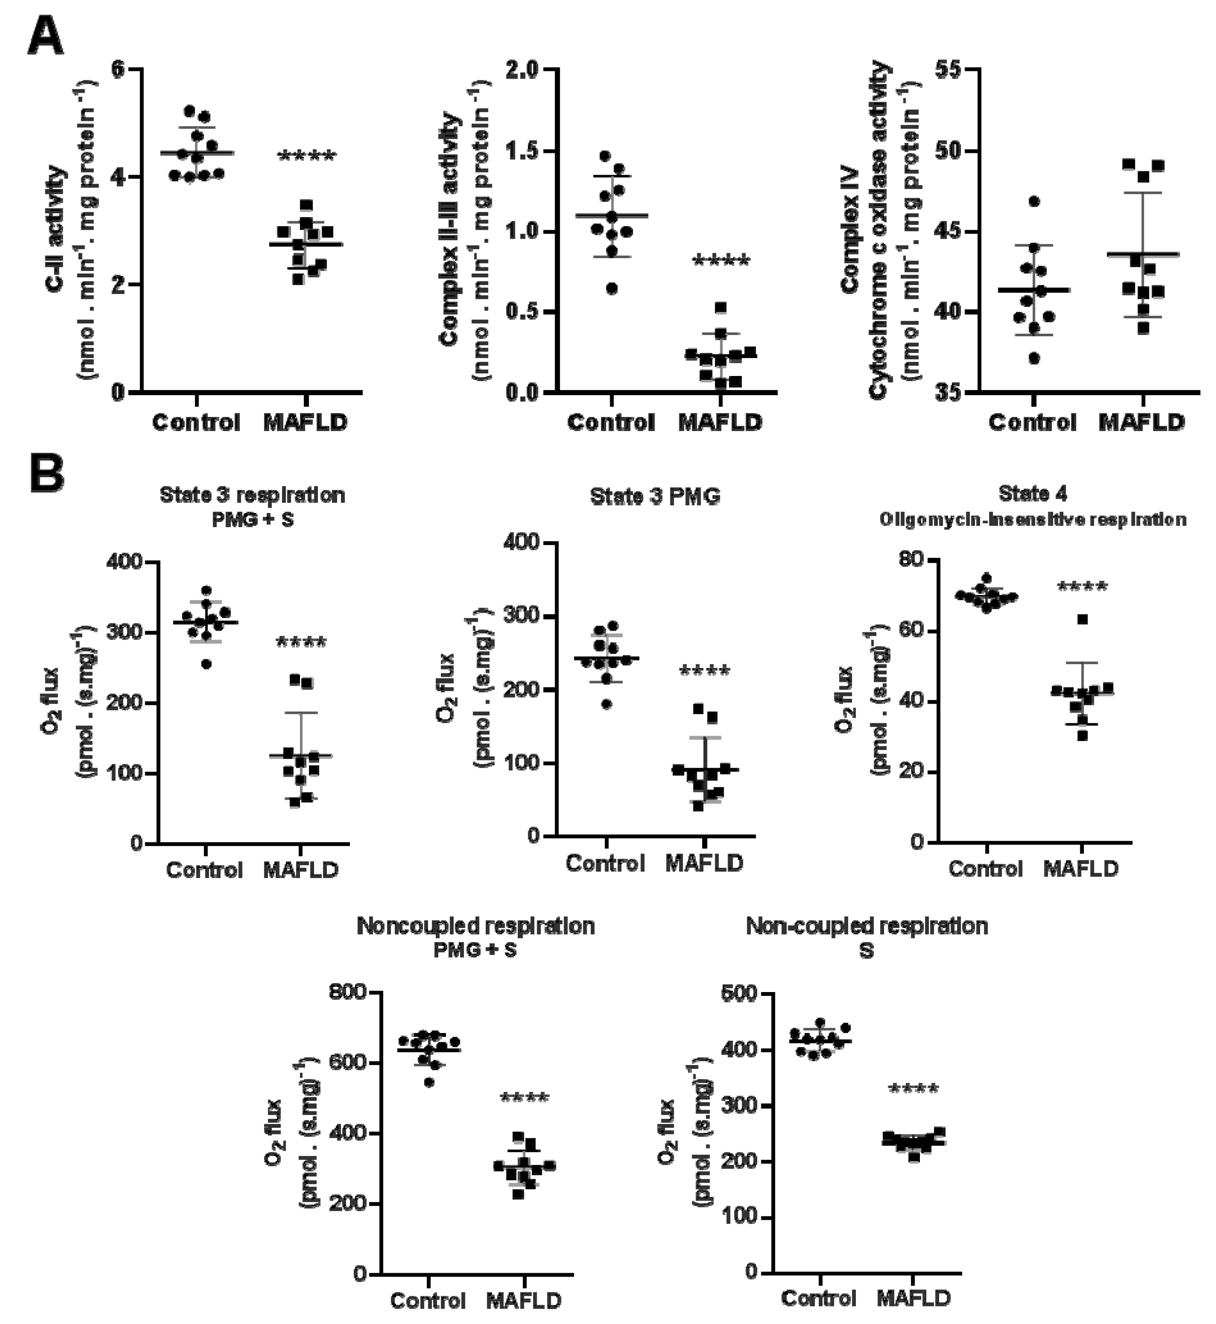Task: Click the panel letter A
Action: [46, 38]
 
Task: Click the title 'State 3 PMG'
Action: [655, 496]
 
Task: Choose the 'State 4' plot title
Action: [1032, 493]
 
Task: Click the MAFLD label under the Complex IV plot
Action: [1142, 422]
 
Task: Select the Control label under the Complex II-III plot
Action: [611, 422]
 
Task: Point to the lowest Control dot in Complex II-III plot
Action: [612, 288]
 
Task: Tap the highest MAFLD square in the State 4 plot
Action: [1082, 619]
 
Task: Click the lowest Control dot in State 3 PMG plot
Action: [607, 705]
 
